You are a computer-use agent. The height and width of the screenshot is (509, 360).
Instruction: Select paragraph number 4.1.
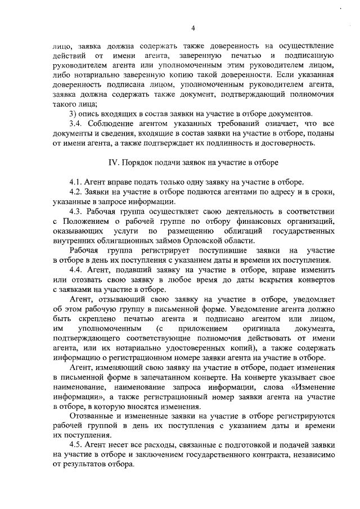point(76,182)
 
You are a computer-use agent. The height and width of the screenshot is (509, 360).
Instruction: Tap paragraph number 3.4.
point(76,123)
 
